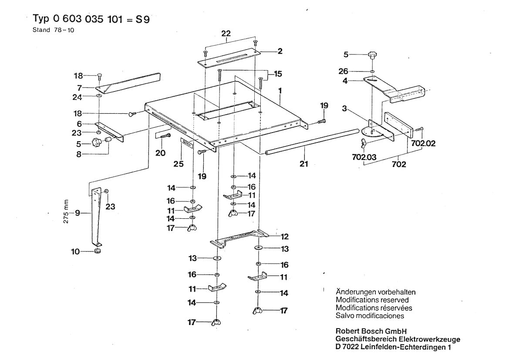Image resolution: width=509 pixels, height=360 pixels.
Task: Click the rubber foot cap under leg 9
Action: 97,252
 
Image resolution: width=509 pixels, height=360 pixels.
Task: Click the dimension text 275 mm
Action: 66,212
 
